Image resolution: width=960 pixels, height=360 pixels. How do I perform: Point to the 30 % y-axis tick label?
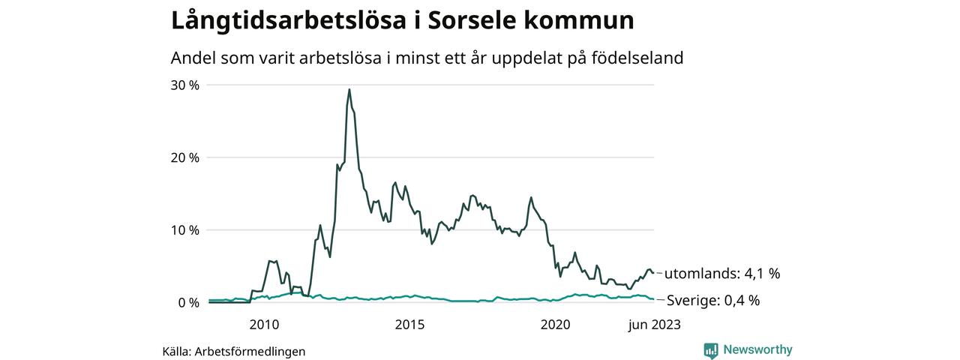click(x=184, y=85)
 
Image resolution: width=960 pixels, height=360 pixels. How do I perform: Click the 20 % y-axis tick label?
click(x=184, y=157)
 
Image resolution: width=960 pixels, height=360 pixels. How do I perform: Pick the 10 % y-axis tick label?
click(x=184, y=230)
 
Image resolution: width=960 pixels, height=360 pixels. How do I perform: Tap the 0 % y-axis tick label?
click(x=188, y=303)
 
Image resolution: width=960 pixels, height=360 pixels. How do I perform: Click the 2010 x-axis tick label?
click(x=264, y=325)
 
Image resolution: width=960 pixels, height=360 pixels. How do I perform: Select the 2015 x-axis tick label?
click(x=409, y=325)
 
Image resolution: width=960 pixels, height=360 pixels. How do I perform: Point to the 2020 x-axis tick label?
click(x=556, y=325)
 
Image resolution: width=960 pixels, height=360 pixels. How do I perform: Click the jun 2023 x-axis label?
click(x=654, y=325)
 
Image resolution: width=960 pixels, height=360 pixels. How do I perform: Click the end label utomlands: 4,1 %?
click(x=723, y=274)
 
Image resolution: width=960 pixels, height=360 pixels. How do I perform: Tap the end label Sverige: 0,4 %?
click(x=713, y=301)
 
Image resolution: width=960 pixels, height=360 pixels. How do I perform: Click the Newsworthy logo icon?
click(x=710, y=350)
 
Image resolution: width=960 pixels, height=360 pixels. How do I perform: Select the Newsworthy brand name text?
click(x=757, y=349)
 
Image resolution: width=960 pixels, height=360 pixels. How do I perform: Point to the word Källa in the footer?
click(x=175, y=351)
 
